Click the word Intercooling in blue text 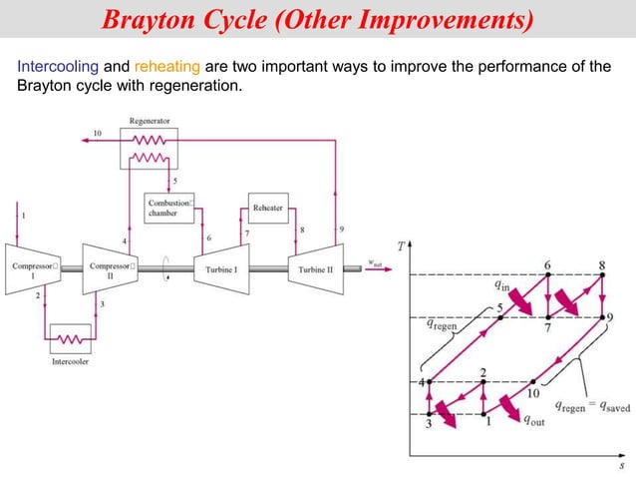click(59, 67)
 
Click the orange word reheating click(167, 67)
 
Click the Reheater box click(267, 208)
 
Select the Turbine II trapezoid click(316, 267)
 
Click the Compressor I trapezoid click(33, 267)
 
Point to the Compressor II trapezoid click(111, 267)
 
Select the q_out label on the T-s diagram click(535, 420)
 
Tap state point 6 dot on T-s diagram click(547, 274)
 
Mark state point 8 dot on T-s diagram click(601, 274)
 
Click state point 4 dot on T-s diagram click(430, 381)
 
